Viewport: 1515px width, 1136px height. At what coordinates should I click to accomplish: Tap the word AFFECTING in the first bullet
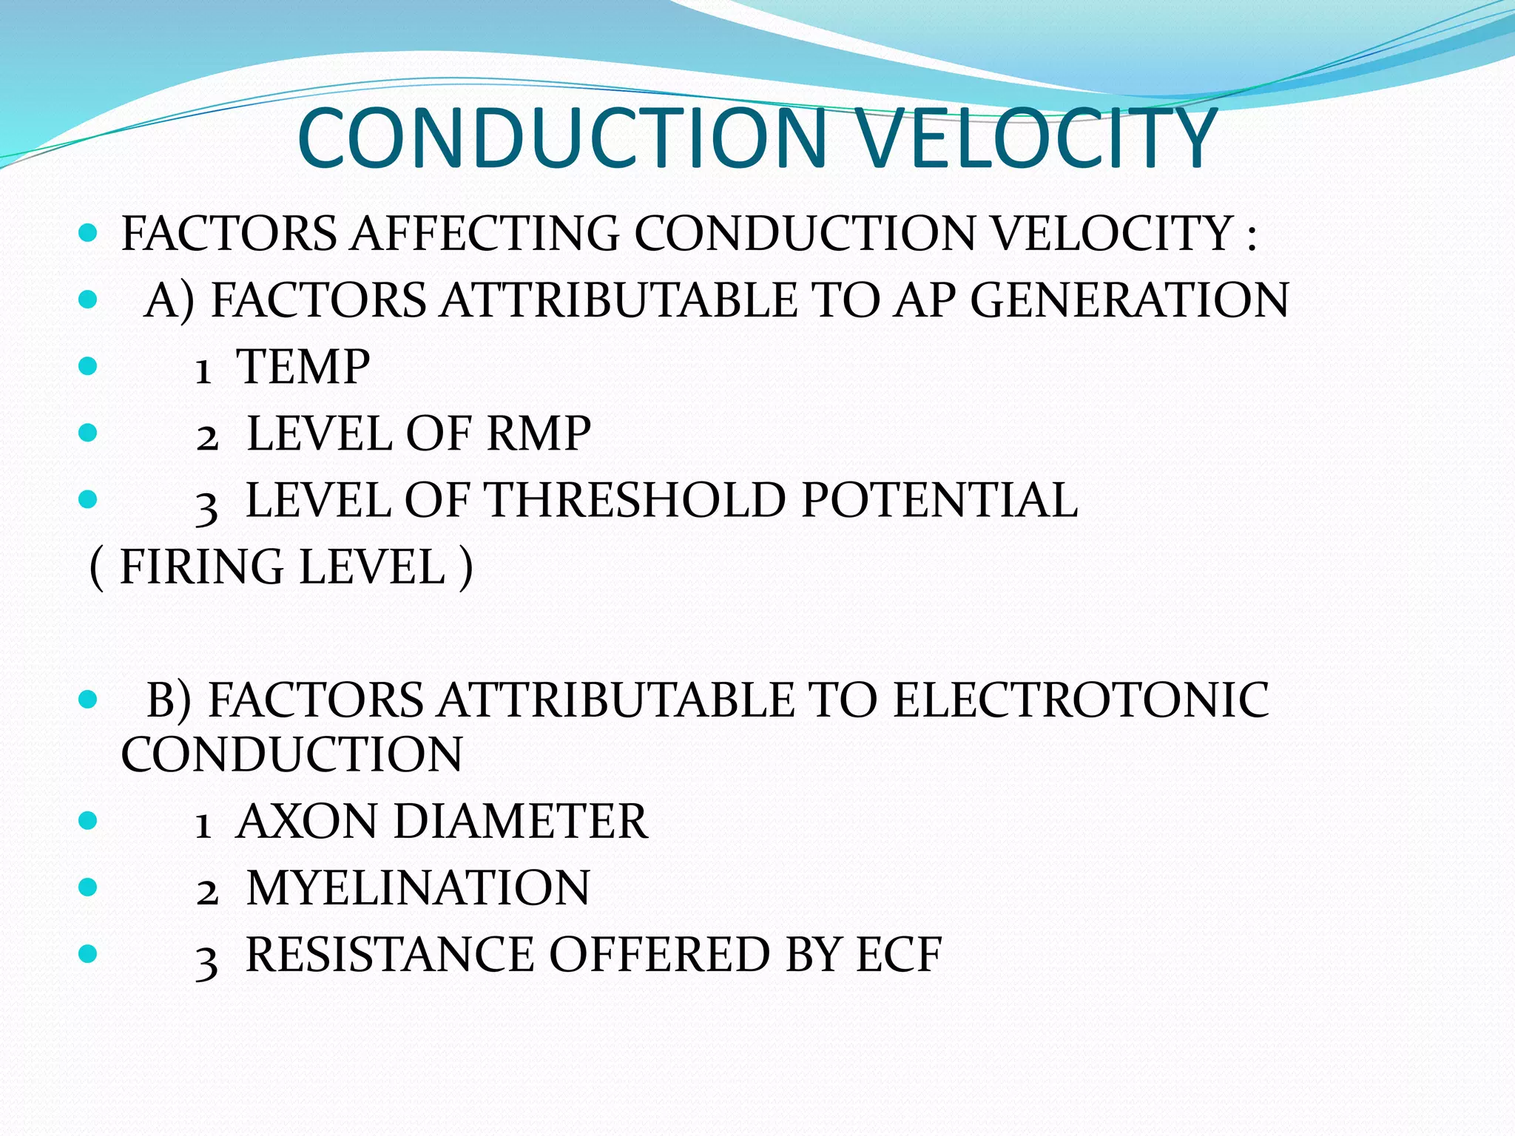point(485,234)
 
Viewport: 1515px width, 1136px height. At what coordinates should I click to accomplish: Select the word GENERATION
point(1130,300)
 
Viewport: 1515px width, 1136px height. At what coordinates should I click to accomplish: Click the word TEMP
point(303,367)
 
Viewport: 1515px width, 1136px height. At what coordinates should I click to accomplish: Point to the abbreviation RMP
point(539,433)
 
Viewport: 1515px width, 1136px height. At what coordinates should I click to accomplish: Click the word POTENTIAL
point(939,500)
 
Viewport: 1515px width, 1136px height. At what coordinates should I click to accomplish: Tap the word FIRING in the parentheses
point(201,567)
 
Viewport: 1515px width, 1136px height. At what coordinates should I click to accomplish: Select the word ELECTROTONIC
point(1081,700)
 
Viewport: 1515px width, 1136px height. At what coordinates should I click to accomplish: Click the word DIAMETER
point(520,822)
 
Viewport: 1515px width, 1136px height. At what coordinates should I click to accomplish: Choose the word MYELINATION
point(418,888)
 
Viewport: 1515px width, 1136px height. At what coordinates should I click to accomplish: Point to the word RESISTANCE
point(389,955)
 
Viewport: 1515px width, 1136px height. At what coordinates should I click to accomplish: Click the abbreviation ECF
point(899,955)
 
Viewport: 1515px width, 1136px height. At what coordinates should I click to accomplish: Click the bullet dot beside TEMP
point(87,366)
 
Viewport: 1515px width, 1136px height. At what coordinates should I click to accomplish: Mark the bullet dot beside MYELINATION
point(87,887)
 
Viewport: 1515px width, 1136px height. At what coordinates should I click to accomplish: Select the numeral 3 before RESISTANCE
point(206,961)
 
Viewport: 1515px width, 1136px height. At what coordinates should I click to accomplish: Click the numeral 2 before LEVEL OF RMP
point(207,438)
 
